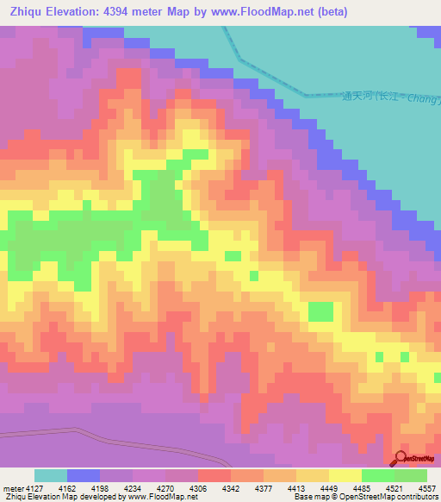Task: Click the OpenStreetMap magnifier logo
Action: (x=400, y=458)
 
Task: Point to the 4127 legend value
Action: (x=34, y=487)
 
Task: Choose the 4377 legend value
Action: (x=263, y=487)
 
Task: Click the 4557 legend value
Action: (x=425, y=487)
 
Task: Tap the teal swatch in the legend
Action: (x=50, y=475)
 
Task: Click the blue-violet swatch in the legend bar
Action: (x=83, y=475)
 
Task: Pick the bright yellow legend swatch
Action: (x=345, y=475)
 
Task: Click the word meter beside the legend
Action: (x=12, y=487)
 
